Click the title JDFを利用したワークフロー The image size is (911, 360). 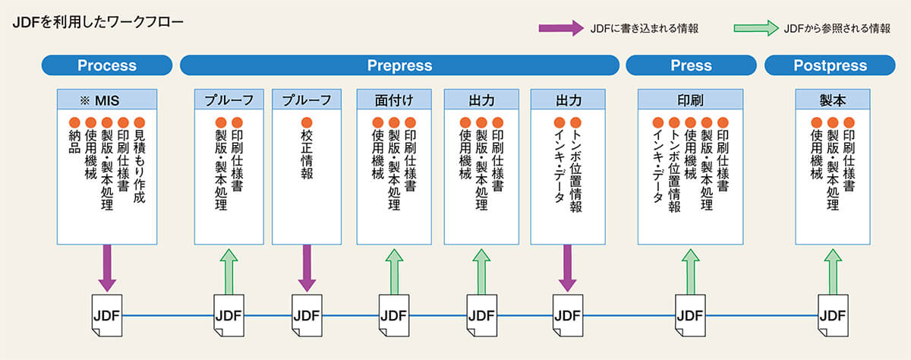pyautogui.click(x=98, y=22)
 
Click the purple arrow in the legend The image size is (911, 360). pyautogui.click(x=560, y=28)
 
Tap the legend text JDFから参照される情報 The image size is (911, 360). pyautogui.click(x=837, y=28)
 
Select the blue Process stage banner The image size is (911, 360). pyautogui.click(x=107, y=65)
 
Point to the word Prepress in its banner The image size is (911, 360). pyautogui.click(x=399, y=65)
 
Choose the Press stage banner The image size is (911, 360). pyautogui.click(x=691, y=65)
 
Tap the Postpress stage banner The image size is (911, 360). pyautogui.click(x=829, y=65)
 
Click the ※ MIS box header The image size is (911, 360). pyautogui.click(x=107, y=99)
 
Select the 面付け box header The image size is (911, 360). pyautogui.click(x=392, y=99)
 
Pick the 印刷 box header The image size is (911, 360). pyautogui.click(x=690, y=99)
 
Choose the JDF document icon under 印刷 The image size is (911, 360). pyautogui.click(x=690, y=314)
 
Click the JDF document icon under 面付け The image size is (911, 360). pyautogui.click(x=392, y=314)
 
